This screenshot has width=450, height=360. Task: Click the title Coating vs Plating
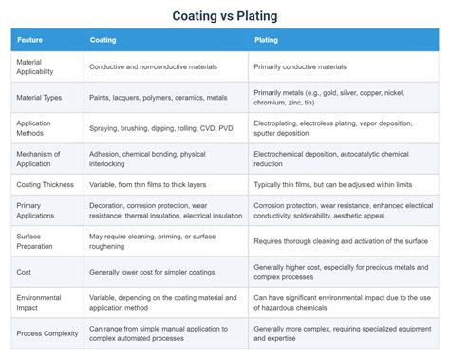[225, 16]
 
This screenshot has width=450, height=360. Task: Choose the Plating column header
[267, 40]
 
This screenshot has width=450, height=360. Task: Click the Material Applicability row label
[38, 66]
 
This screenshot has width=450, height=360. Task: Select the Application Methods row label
[35, 127]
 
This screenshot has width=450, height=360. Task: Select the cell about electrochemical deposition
[337, 157]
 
